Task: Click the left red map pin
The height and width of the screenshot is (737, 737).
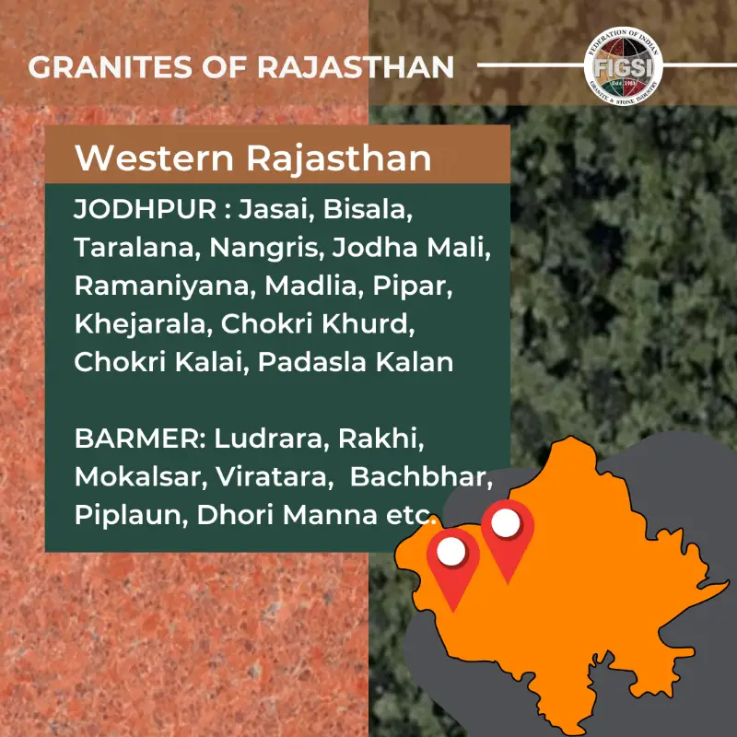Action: (x=451, y=557)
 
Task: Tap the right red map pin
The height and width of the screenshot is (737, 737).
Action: (x=507, y=529)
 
